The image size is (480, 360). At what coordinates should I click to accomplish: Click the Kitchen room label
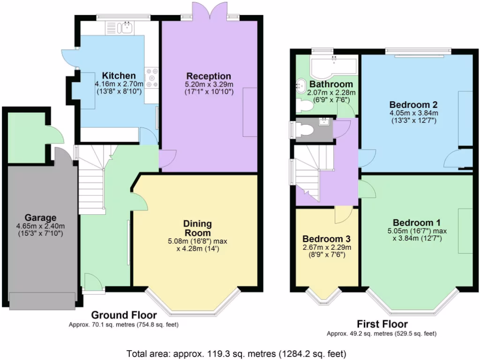119,76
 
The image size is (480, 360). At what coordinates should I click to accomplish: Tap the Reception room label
209,76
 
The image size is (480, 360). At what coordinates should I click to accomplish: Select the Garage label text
40,217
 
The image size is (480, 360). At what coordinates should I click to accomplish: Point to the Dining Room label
197,228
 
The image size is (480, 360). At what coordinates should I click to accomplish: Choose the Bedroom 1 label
416,222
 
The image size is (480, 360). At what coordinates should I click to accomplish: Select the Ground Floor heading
124,315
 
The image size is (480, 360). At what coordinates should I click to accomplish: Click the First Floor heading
382,324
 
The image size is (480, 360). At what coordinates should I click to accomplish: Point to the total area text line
237,353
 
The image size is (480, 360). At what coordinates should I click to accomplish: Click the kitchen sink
126,28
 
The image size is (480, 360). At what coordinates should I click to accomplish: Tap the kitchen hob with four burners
152,78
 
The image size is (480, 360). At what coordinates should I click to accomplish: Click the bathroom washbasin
300,86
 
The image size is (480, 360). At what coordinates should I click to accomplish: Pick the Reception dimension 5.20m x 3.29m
209,84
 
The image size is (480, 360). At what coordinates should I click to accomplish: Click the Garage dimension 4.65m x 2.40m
40,225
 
